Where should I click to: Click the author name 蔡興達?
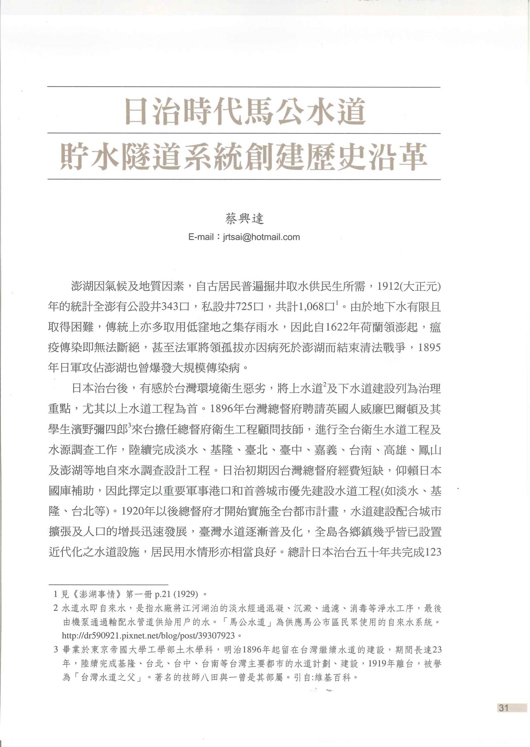tap(244, 219)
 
